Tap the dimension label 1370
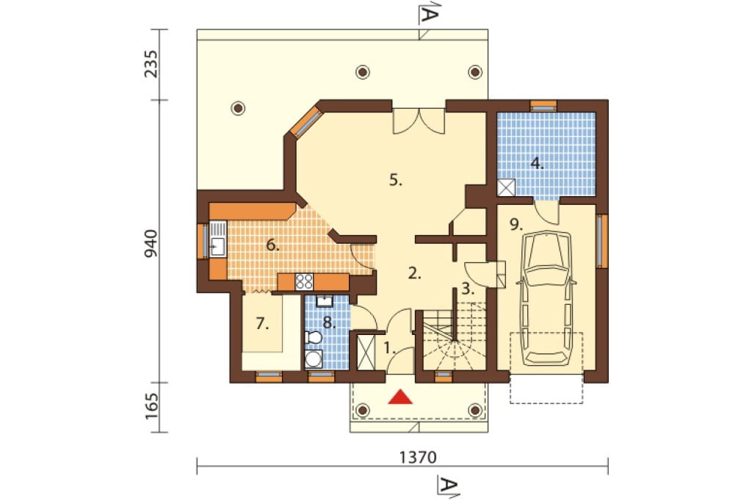pos(418,458)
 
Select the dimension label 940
pos(151,243)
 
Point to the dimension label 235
pos(151,63)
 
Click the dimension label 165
pos(151,406)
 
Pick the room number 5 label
pos(396,181)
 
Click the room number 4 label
pos(537,163)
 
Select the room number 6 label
pos(272,245)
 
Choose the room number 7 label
pos(262,324)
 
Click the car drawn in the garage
pos(546,298)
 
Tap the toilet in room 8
pos(313,337)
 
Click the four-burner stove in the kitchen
pos(304,281)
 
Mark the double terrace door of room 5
pos(419,120)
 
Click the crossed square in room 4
pos(506,187)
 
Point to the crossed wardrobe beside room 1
pos(367,352)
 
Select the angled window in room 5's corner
pos(306,120)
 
